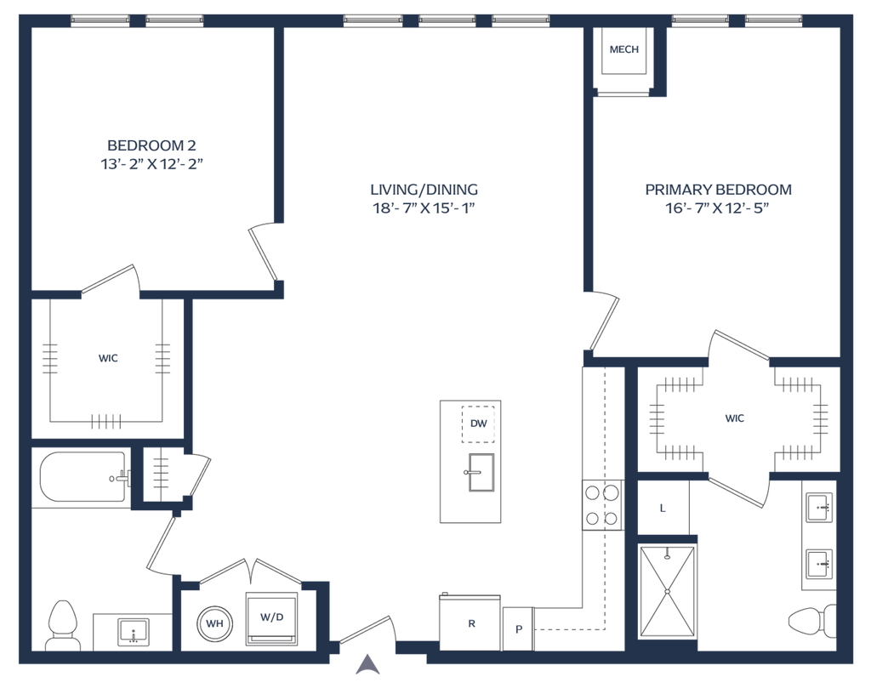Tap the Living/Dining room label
424,198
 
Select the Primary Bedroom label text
718,197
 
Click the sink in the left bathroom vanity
133,630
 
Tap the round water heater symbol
213,623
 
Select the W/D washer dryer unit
271,617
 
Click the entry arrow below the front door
367,663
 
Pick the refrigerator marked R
470,623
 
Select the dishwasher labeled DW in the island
480,424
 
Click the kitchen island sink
479,472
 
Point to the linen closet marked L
663,508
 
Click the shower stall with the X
668,587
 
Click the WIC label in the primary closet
735,418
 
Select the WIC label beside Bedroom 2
109,358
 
